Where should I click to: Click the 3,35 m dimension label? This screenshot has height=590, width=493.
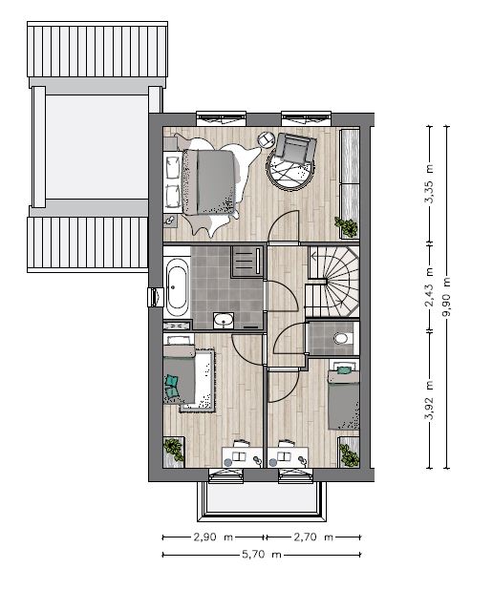point(429,183)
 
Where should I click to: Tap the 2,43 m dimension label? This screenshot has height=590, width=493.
point(429,286)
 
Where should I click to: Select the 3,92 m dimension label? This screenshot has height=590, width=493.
point(429,400)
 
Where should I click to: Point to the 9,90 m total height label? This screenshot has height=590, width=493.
point(446,298)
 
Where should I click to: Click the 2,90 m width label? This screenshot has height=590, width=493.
point(213,537)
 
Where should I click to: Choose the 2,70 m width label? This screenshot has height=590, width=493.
point(313,537)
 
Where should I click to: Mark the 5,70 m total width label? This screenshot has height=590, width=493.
point(262,555)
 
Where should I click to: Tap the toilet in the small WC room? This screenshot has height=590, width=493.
point(342,338)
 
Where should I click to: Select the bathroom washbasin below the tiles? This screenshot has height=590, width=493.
point(224,321)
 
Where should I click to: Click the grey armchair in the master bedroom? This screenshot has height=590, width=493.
point(295,148)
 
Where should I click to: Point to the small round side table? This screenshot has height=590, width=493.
point(267,139)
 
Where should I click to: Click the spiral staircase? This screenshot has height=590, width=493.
point(332,282)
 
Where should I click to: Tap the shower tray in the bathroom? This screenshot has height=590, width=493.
point(247,262)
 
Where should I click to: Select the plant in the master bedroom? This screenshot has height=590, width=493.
point(346,226)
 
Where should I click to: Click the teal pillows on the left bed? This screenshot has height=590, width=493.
point(171,386)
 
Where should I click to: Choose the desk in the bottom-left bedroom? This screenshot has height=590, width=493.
point(242,457)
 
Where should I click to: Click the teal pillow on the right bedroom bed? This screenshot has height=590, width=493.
point(344,370)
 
